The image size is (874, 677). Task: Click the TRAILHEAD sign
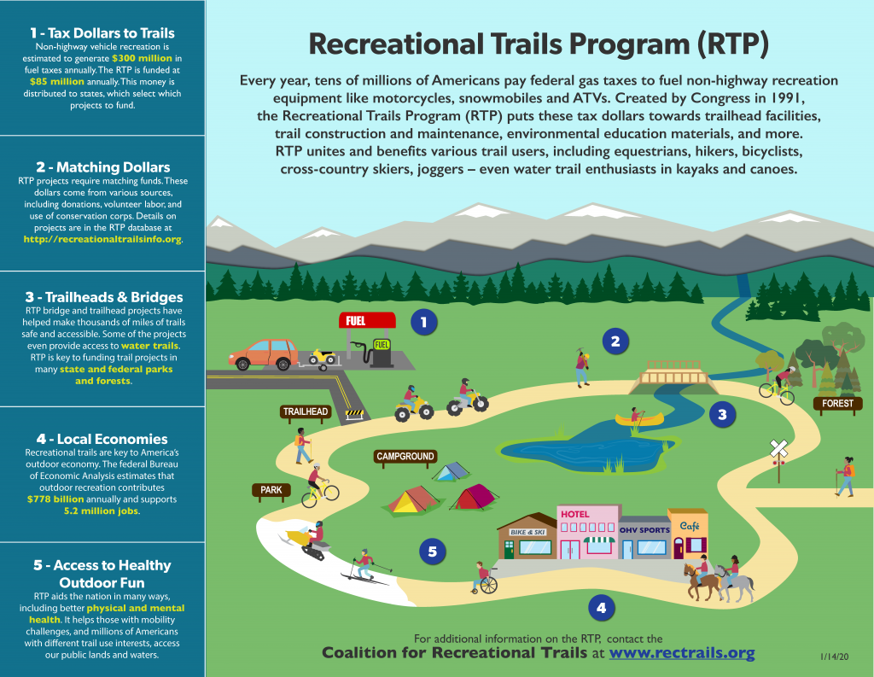tap(306, 411)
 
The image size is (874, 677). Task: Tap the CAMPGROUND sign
tap(406, 457)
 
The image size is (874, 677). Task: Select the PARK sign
tap(271, 490)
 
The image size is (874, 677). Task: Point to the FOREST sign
tap(837, 403)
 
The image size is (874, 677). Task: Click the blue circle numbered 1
tap(423, 322)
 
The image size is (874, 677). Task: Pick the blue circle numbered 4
tap(601, 608)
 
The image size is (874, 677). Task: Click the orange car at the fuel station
tap(264, 353)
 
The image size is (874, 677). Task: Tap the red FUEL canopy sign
tap(367, 321)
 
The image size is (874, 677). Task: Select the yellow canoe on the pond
tap(639, 419)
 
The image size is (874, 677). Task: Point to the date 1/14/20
tap(834, 657)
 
